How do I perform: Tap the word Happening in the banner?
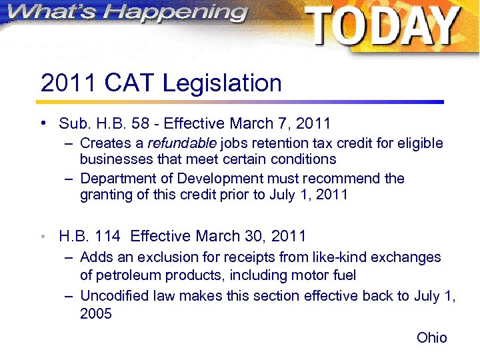point(175,13)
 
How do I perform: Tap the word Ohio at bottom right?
point(432,338)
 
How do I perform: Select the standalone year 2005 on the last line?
point(95,313)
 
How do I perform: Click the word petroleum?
point(123,275)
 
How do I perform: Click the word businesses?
point(115,159)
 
